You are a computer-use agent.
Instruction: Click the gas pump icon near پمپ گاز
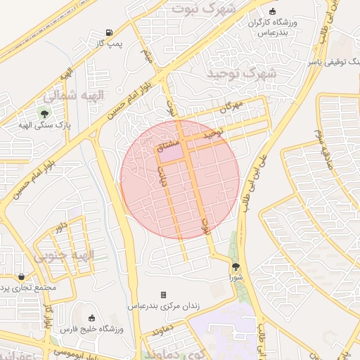(109, 32)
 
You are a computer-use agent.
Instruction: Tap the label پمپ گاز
(109, 44)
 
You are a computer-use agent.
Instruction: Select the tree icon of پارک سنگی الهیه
(44, 113)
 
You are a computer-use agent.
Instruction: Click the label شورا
(235, 278)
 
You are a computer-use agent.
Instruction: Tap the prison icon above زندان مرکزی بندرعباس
(164, 295)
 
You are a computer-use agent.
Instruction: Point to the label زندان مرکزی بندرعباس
(163, 307)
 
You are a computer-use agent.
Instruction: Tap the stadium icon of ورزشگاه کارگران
(272, 11)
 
